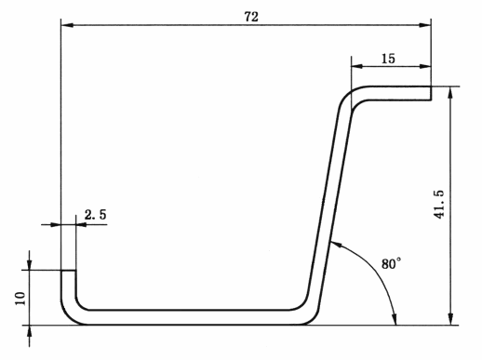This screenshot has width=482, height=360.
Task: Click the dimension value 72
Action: [251, 17]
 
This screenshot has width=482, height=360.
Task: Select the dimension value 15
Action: [388, 59]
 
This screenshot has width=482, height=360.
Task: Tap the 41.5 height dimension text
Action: [439, 205]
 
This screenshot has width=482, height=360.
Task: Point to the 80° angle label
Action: [391, 263]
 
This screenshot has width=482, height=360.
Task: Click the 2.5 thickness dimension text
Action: [96, 215]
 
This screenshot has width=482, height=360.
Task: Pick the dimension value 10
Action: [20, 299]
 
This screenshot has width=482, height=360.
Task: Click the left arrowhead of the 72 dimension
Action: [67, 25]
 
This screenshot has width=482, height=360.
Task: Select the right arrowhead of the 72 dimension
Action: [424, 25]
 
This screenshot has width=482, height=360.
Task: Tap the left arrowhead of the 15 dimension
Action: [357, 66]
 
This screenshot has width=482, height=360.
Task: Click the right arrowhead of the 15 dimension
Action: [424, 66]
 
